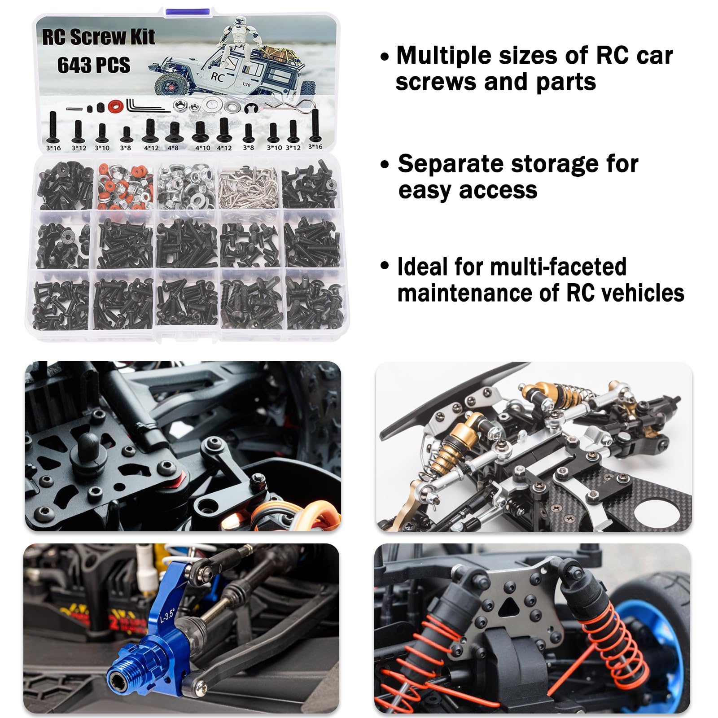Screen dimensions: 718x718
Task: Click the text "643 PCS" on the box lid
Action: click(x=93, y=65)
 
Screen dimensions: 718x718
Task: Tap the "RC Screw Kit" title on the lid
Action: click(x=98, y=37)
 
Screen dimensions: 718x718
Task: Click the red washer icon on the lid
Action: click(x=115, y=106)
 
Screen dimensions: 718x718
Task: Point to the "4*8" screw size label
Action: click(x=173, y=148)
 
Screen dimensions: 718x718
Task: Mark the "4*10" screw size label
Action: click(x=202, y=148)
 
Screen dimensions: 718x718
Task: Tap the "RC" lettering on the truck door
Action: click(x=217, y=77)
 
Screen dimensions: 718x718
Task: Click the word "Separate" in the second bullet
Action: click(x=453, y=163)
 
